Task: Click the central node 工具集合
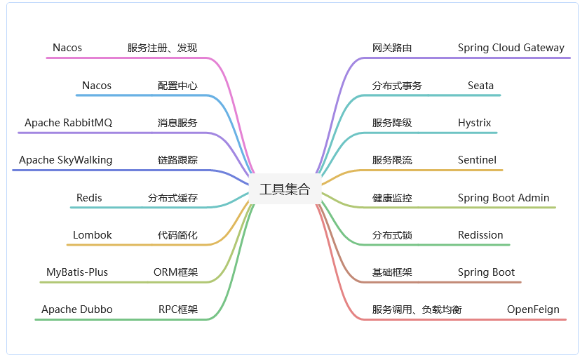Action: (284, 189)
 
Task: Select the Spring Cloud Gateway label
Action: (511, 48)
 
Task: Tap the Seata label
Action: (480, 86)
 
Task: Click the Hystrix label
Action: (474, 123)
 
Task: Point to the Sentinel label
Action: (477, 160)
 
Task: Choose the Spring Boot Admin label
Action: (504, 198)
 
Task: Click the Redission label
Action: (480, 235)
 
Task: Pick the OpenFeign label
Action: (533, 309)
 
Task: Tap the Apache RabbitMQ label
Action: (68, 123)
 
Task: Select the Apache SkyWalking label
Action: (65, 160)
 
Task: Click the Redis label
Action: (89, 198)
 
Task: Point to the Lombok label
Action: (92, 235)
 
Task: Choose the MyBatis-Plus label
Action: (77, 272)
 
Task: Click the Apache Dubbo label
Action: (76, 309)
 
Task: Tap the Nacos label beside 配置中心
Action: (97, 86)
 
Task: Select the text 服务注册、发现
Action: (162, 48)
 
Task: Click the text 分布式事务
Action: (397, 86)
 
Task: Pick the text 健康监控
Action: (392, 198)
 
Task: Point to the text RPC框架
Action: (177, 309)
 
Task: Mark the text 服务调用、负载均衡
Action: (417, 309)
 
